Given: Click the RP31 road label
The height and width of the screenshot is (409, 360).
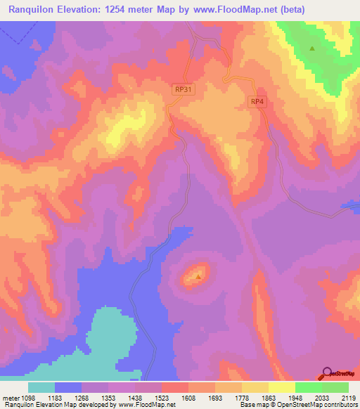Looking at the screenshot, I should [x=183, y=89].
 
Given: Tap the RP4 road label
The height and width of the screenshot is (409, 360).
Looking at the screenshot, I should [x=258, y=102].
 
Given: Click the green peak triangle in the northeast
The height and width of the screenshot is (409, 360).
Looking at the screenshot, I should [x=313, y=48].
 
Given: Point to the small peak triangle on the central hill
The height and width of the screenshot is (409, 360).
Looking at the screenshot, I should [x=198, y=276].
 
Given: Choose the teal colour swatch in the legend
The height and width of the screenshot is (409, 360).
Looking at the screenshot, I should [x=41, y=387].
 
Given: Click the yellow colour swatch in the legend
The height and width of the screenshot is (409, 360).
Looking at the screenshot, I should [x=281, y=387].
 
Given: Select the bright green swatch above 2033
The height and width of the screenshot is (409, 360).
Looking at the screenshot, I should [x=308, y=387].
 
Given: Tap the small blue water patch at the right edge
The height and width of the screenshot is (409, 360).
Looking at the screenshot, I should [x=351, y=205].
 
